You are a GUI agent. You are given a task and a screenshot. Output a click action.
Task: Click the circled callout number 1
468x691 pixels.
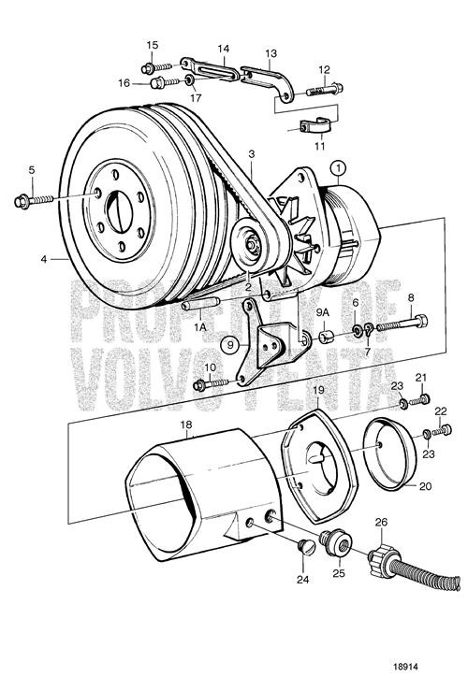[x=338, y=168]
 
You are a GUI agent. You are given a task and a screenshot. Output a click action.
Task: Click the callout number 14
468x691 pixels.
[x=224, y=48]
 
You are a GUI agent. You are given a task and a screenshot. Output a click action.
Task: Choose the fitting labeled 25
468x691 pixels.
[x=331, y=542]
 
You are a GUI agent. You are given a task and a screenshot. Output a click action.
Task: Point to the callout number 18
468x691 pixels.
[x=185, y=425]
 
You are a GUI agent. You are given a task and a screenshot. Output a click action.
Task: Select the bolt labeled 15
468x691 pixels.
[x=154, y=66]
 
